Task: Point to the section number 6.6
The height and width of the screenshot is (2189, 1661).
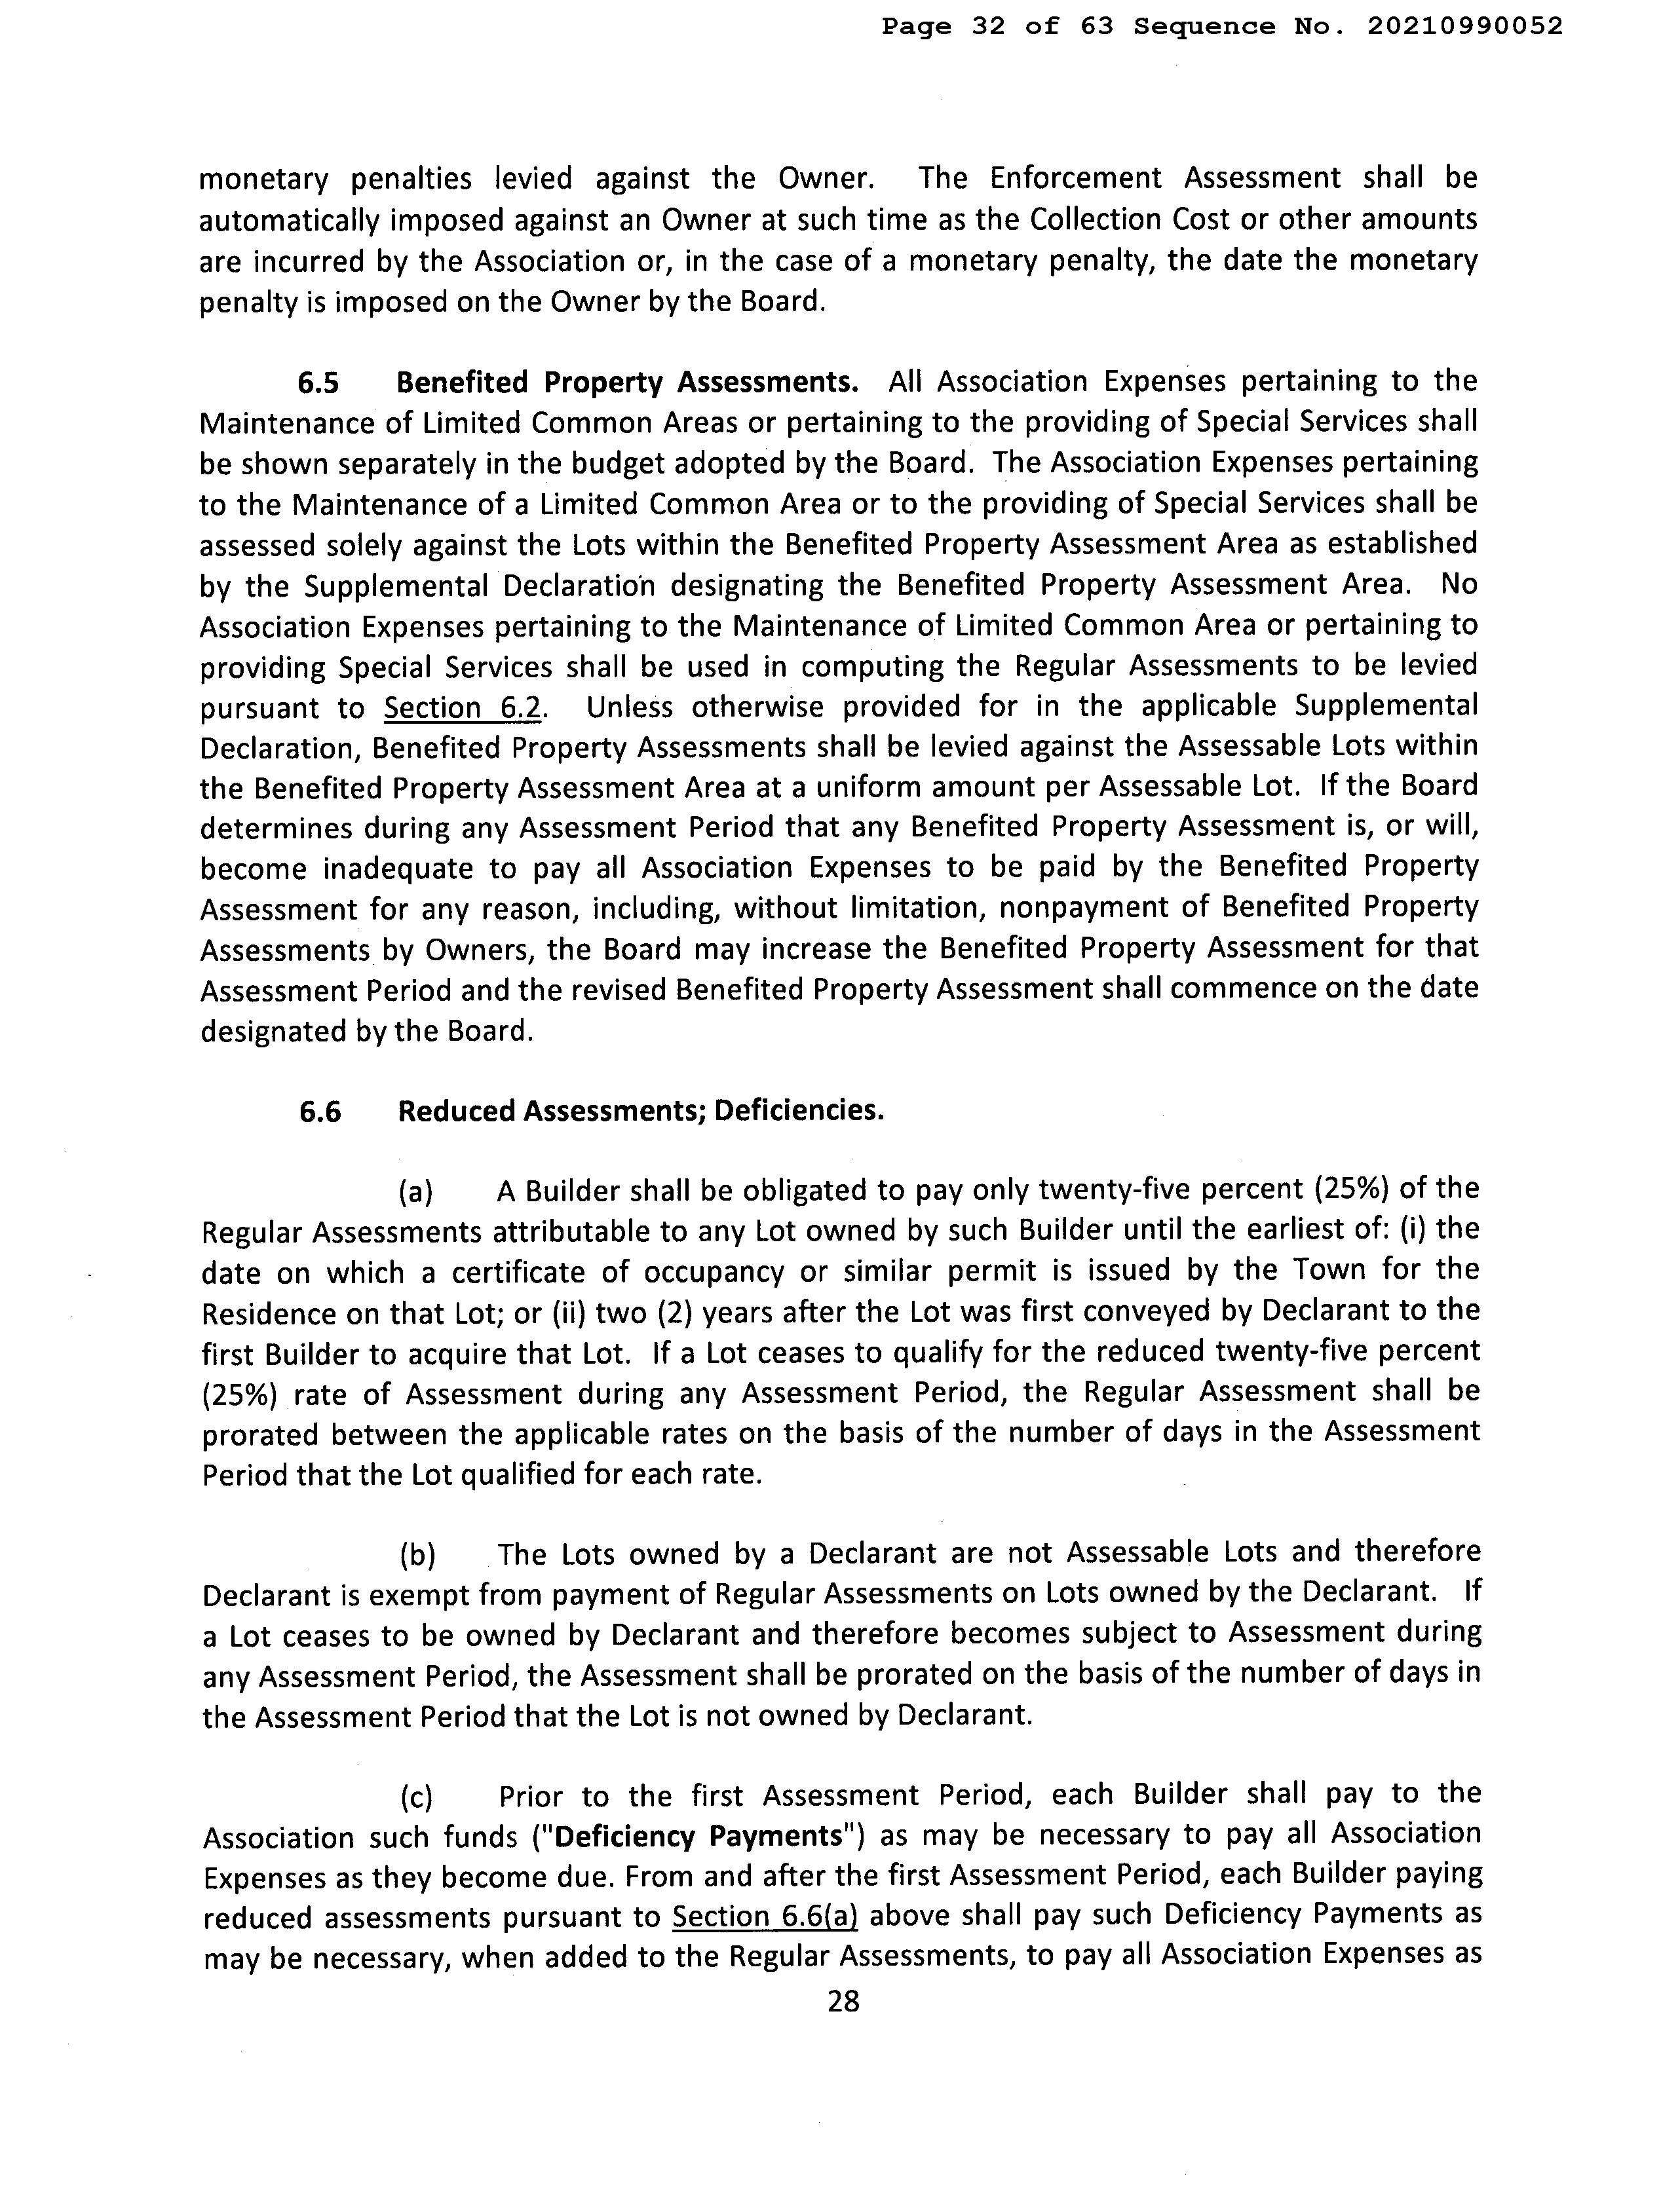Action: point(320,1112)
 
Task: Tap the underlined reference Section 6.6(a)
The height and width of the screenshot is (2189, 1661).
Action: point(764,1917)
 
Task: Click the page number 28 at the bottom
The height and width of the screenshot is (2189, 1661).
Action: point(843,2002)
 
